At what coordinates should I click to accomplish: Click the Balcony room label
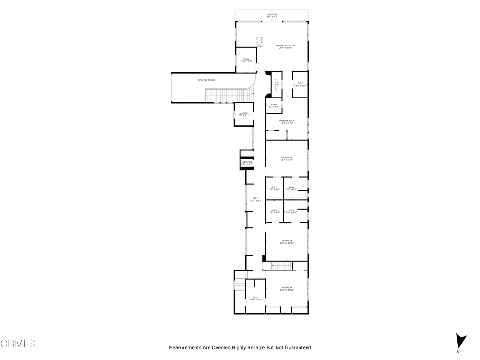click(272, 15)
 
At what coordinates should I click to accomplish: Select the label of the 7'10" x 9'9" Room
click(246, 60)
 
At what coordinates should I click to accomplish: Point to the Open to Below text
click(206, 80)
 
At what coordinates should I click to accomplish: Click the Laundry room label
click(244, 114)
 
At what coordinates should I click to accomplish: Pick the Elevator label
click(247, 163)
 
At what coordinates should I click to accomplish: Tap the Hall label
click(255, 199)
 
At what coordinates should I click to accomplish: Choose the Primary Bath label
click(287, 122)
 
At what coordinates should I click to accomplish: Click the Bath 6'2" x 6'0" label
click(274, 105)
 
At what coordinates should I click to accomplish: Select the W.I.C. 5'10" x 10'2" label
click(300, 84)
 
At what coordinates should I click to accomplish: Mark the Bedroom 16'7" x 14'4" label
click(287, 158)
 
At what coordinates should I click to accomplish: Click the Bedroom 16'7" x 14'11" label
click(287, 242)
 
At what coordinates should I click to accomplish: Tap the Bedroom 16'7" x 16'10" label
click(287, 289)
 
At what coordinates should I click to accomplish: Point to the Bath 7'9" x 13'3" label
click(255, 298)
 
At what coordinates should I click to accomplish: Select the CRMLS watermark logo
click(18, 344)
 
